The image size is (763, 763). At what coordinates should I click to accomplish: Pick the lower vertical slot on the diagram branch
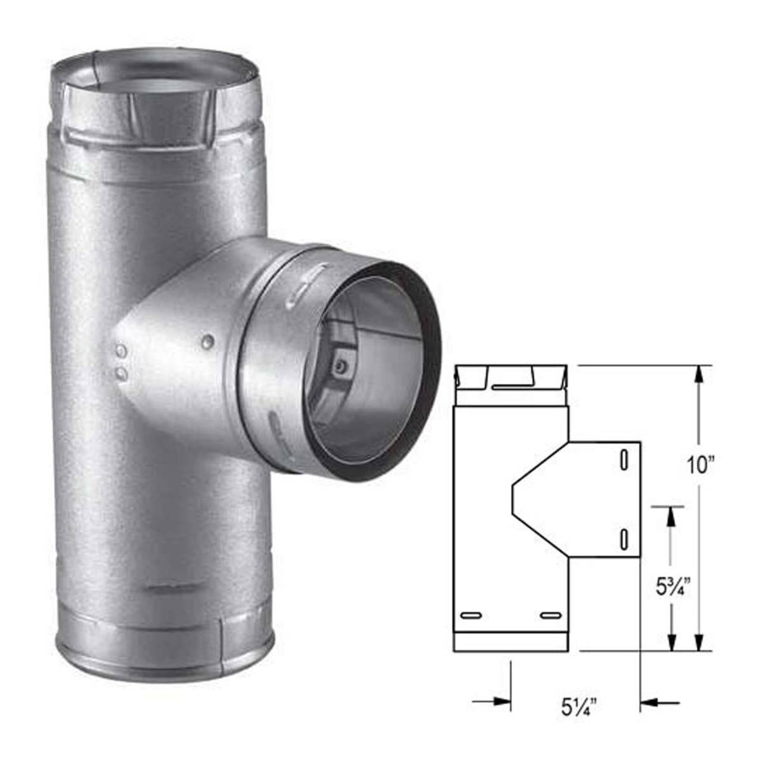pos(623,538)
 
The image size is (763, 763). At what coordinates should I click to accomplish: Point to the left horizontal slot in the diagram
pos(473,615)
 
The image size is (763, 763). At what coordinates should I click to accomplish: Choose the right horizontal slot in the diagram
pos(550,615)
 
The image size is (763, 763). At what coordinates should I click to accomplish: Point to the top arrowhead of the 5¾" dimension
pos(671,516)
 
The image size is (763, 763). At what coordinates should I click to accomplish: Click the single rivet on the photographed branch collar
pos(207,341)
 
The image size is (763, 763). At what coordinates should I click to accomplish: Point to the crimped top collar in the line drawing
pos(510,385)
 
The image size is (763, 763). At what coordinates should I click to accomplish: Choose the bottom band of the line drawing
pos(510,641)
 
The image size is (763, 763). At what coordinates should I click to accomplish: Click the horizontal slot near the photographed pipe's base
pos(165,589)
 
